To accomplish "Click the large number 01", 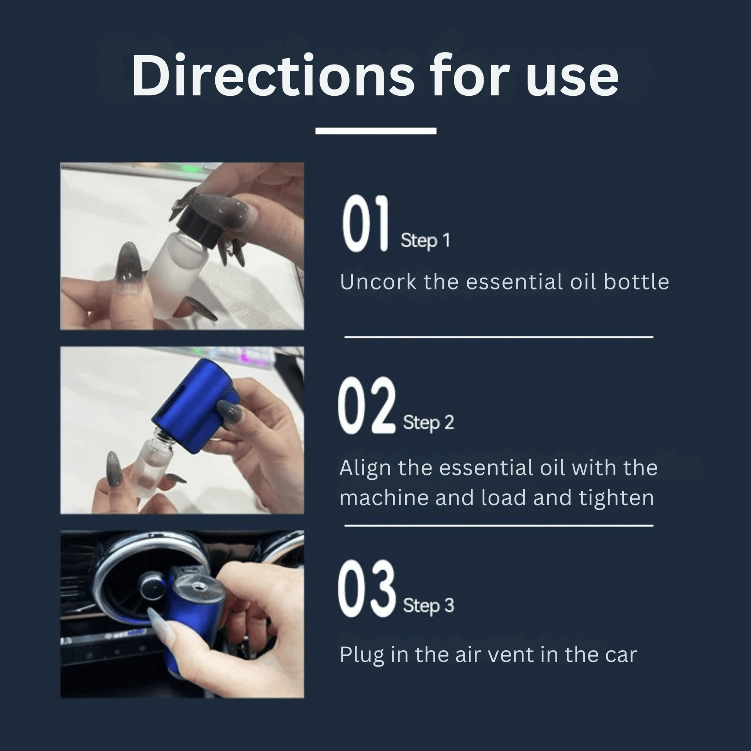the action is (x=365, y=224).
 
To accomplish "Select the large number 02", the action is (x=367, y=405).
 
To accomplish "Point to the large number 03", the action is (x=366, y=589).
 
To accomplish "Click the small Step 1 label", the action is (x=425, y=241).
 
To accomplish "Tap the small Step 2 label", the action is (x=428, y=423).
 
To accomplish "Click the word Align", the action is (x=365, y=468).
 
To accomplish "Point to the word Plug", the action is (x=362, y=655).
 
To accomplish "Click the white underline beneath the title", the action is (x=375, y=130).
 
